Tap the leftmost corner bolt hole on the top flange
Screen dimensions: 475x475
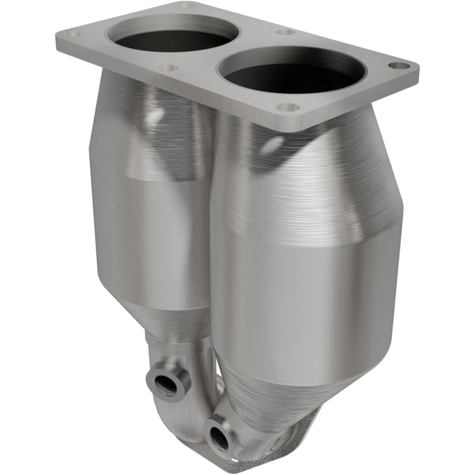(75, 34)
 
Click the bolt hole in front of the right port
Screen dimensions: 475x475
(288, 107)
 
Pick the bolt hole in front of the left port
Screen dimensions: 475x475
(169, 68)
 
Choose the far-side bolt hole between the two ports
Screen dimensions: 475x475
(286, 31)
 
